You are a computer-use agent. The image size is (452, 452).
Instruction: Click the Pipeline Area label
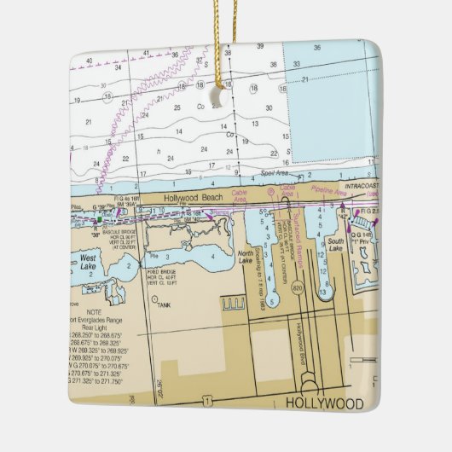click(x=328, y=193)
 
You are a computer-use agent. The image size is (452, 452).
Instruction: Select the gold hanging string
click(x=225, y=43)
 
